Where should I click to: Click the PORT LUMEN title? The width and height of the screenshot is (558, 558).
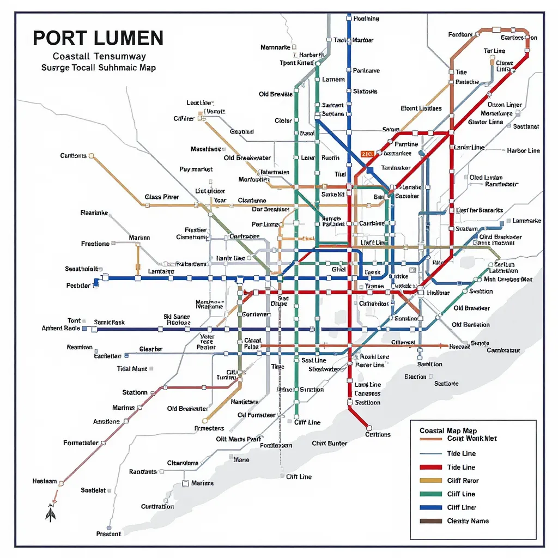point(98,38)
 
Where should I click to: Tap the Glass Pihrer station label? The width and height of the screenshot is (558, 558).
point(162,197)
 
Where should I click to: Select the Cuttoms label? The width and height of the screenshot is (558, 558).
point(73,156)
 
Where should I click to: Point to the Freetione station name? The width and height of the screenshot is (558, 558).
point(95,244)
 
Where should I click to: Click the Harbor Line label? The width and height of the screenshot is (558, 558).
point(523,150)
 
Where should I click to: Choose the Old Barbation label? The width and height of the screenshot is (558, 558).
point(471,325)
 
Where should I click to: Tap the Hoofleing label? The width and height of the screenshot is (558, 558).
point(366,19)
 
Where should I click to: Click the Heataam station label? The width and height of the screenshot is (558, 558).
point(45,481)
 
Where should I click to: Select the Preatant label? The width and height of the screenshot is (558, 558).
point(108,534)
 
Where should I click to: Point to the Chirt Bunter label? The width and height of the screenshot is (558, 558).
point(329,443)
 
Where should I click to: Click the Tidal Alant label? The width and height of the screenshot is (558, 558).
point(132,369)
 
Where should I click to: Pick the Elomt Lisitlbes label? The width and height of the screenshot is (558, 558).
point(421,108)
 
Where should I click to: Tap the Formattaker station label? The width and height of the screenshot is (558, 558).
point(81,443)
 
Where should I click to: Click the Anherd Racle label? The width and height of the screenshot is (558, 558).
point(61,329)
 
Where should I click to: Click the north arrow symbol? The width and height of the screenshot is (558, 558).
point(51,514)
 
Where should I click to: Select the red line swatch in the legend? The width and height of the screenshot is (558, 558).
point(430,467)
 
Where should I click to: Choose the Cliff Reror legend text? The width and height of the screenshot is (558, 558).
point(463,481)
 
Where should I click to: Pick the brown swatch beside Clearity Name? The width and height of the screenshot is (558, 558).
point(430,521)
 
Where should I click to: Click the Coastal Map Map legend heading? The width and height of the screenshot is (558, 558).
point(448,431)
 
